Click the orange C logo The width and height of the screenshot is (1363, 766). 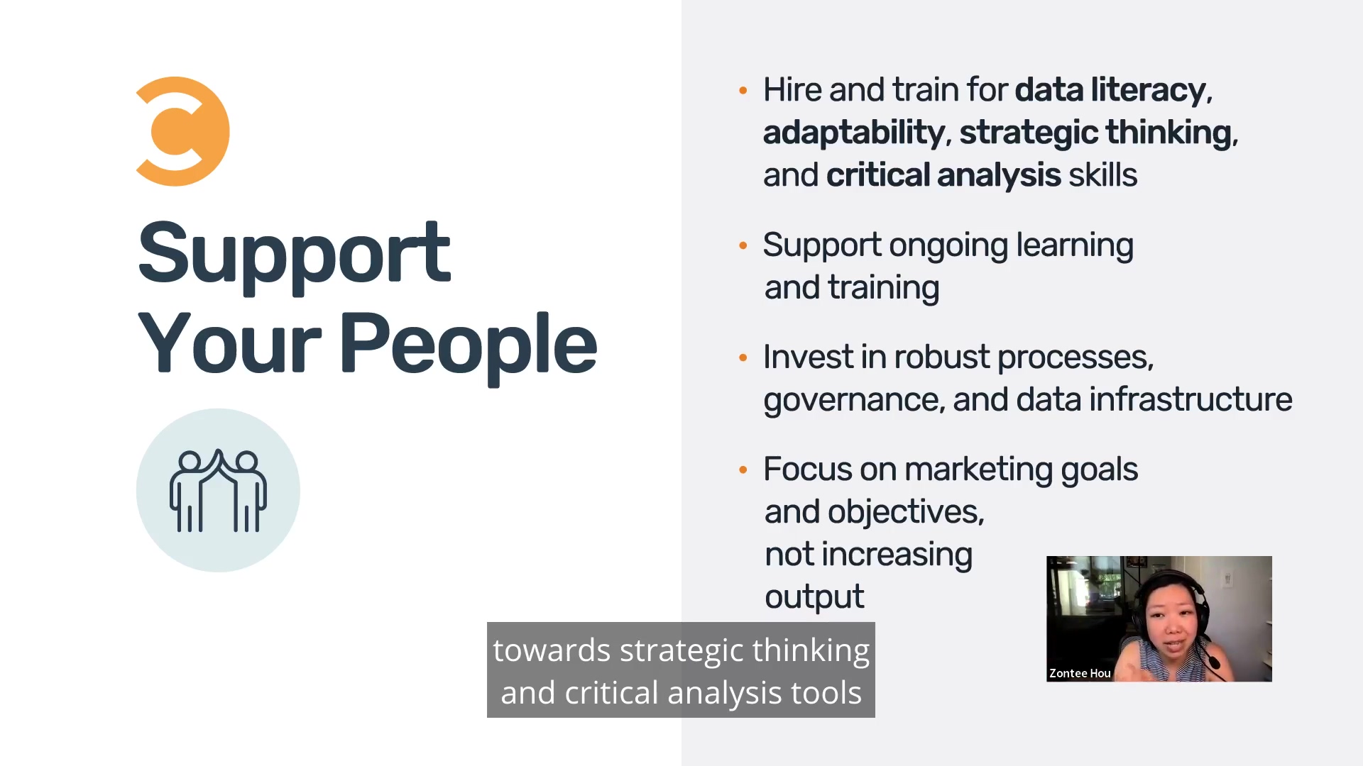coord(182,131)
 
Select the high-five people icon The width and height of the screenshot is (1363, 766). coord(218,490)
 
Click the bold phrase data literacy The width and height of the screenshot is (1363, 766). coord(1110,90)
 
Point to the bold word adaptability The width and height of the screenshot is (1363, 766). coord(853,133)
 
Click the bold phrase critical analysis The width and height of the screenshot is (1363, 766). coord(943,175)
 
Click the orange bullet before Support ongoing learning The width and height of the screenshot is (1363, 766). coord(743,245)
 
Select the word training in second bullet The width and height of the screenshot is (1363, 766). coord(883,288)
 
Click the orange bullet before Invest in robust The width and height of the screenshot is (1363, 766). coord(743,357)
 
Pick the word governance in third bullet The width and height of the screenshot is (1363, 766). coord(853,400)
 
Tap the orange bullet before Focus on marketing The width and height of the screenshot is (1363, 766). coord(743,470)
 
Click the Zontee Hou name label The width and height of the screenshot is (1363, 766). coord(1080,673)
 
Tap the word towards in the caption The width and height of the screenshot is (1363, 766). coord(552,650)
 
